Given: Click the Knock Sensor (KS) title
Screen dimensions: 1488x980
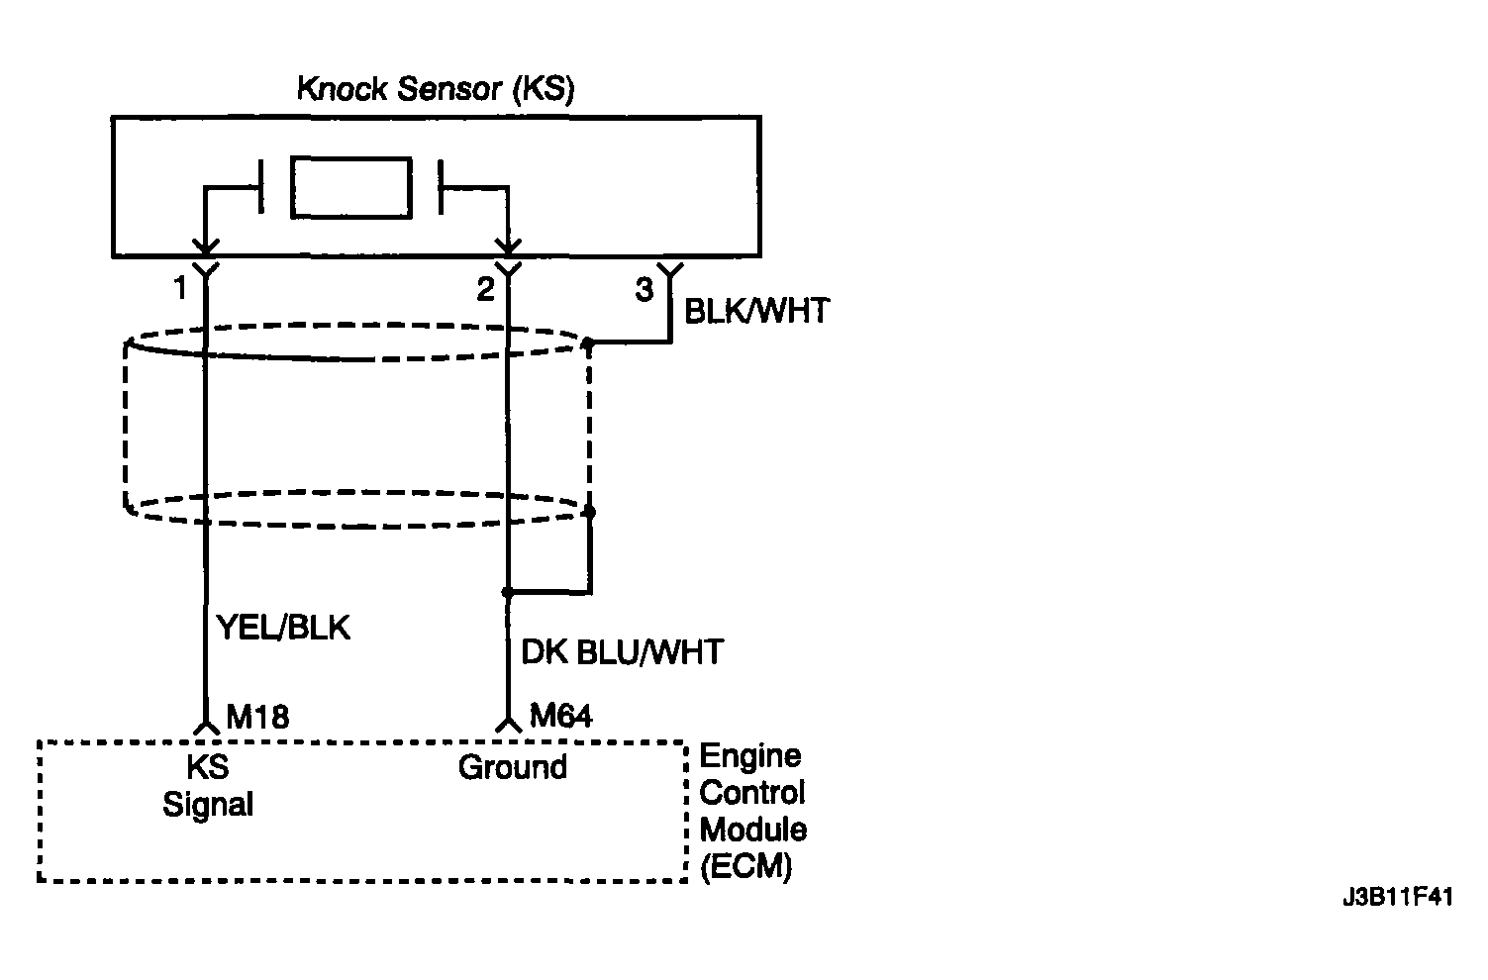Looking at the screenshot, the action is tap(436, 89).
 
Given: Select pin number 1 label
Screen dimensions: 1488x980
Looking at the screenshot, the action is tap(179, 288).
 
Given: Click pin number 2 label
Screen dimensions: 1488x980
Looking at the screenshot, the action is tap(485, 289).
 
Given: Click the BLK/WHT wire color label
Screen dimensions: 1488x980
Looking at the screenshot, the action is tap(756, 311).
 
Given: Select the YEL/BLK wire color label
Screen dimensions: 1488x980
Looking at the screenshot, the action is tap(284, 628).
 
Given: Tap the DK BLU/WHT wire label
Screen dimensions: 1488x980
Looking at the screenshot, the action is tap(622, 652).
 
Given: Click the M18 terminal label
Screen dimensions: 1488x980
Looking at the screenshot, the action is tap(257, 717).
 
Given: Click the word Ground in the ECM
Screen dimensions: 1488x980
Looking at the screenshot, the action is tap(512, 767).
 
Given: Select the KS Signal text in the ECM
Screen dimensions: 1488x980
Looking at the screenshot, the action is tap(208, 786).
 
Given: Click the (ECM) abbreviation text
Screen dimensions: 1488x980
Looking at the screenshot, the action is tap(746, 866).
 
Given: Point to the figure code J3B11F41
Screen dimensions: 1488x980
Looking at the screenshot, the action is tap(1398, 897).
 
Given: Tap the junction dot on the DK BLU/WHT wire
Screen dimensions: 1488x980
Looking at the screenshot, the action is tap(508, 592).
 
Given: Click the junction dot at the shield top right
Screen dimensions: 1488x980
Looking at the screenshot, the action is tap(588, 343).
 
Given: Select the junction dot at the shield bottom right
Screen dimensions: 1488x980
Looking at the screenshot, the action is tap(588, 512).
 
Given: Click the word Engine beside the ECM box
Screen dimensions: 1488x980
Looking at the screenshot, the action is tap(750, 756).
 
